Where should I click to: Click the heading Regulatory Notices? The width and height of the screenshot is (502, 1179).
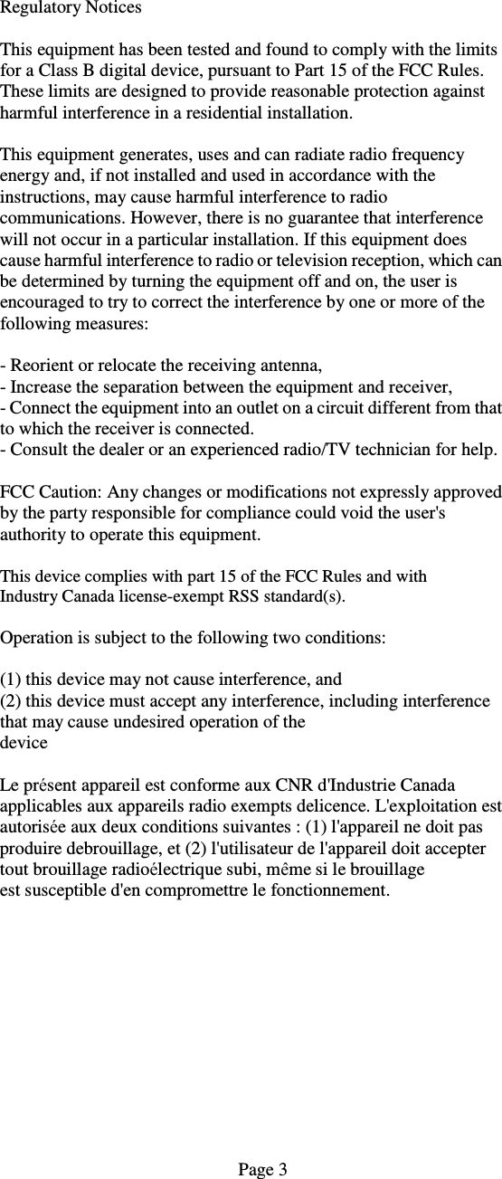(x=71, y=8)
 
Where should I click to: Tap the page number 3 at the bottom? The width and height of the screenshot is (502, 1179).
(x=282, y=1170)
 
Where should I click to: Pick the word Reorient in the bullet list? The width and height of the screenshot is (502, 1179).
(x=41, y=366)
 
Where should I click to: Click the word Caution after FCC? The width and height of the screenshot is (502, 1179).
(x=71, y=493)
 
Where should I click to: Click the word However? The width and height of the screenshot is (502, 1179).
(x=165, y=218)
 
